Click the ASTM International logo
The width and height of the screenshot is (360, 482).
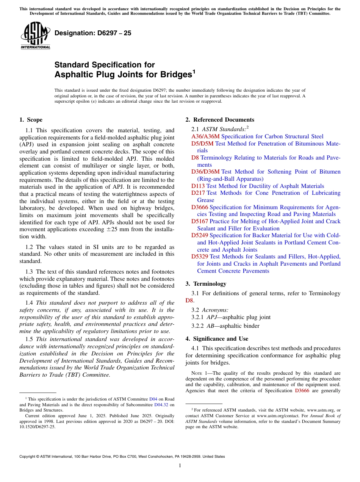pyautogui.click(x=35, y=35)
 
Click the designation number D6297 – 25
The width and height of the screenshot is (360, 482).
pyautogui.click(x=93, y=33)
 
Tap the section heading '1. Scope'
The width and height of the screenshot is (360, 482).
pyautogui.click(x=31, y=120)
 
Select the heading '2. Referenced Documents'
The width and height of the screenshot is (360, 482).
pyautogui.click(x=220, y=120)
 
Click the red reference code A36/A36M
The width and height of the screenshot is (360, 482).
pyautogui.click(x=205, y=136)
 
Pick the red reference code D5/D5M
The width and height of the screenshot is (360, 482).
pyautogui.click(x=202, y=144)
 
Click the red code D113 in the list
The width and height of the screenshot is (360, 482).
pyautogui.click(x=198, y=186)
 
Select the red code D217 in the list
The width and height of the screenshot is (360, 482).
pyautogui.click(x=198, y=193)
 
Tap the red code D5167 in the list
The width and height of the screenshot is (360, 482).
pyautogui.click(x=200, y=221)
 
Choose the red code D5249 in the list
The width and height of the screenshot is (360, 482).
pyautogui.click(x=200, y=235)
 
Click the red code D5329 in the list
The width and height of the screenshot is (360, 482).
pyautogui.click(x=200, y=257)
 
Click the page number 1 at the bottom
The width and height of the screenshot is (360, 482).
pyautogui.click(x=180, y=465)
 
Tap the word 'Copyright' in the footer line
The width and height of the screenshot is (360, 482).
pyautogui.click(x=28, y=457)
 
